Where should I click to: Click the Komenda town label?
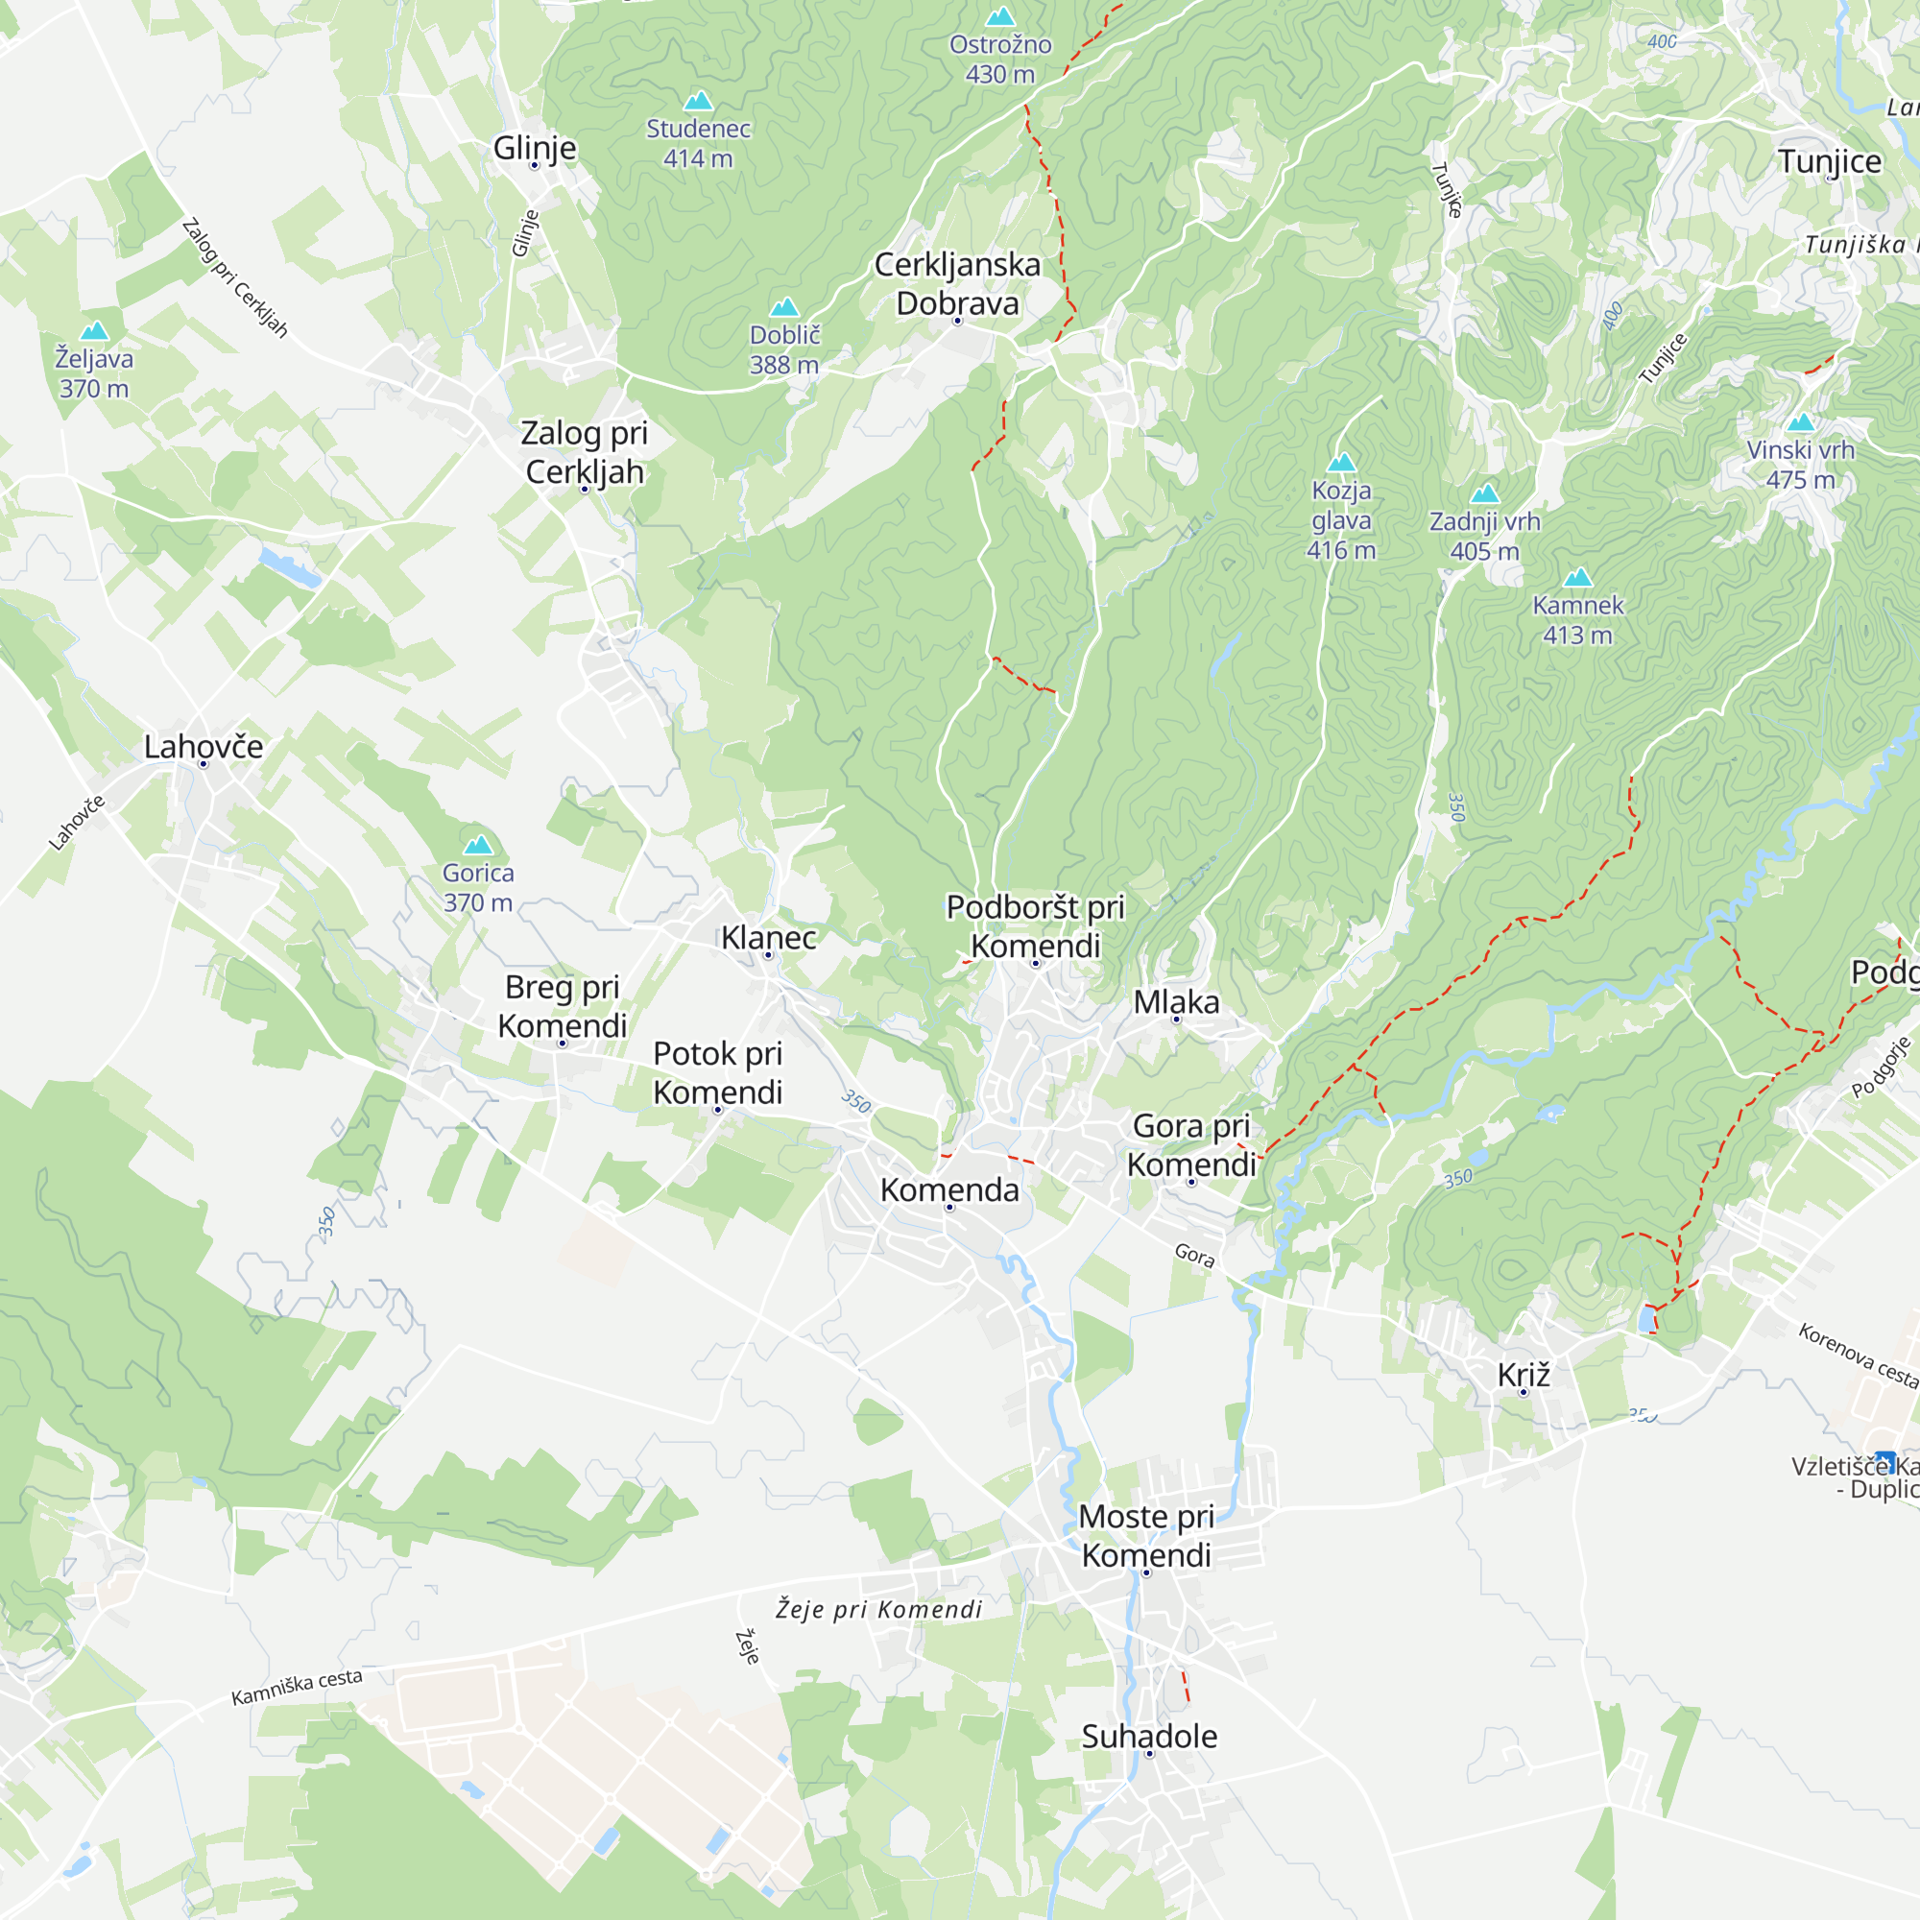(x=949, y=1189)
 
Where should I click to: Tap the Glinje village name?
(x=535, y=147)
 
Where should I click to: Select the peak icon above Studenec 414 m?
(x=699, y=101)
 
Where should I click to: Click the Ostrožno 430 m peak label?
(x=999, y=59)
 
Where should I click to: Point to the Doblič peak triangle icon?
(x=784, y=306)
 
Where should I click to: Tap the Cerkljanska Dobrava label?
(x=957, y=283)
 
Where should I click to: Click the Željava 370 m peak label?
(x=93, y=372)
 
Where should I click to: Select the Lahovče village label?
(x=204, y=746)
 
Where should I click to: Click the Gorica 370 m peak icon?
(x=478, y=845)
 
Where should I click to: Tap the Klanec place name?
(x=768, y=937)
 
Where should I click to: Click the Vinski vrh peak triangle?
(x=1800, y=422)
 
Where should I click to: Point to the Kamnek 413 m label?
(x=1577, y=619)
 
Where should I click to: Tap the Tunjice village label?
(x=1830, y=161)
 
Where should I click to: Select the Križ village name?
(x=1523, y=1376)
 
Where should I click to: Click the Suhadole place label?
(x=1149, y=1736)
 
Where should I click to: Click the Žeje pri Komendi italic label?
(x=878, y=1609)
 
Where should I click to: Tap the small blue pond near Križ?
(x=1646, y=1319)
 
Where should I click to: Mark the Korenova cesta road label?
(x=1857, y=1354)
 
